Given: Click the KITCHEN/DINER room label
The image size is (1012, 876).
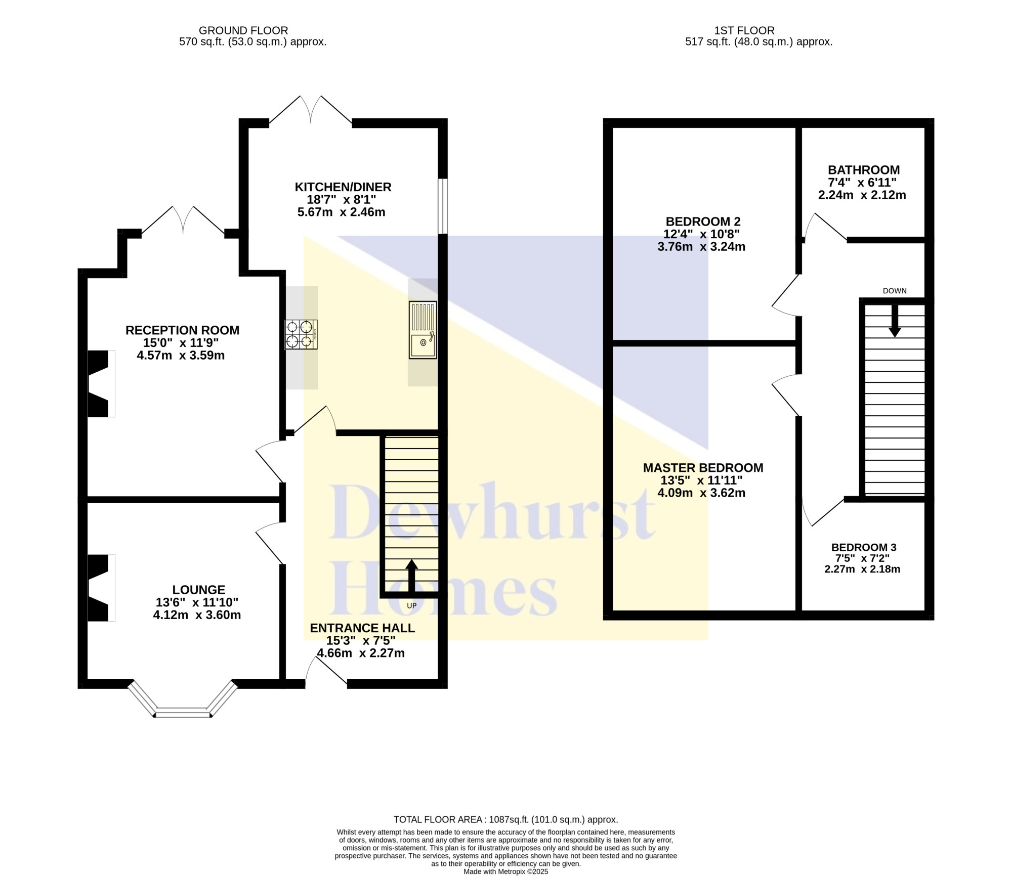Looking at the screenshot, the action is (x=343, y=187).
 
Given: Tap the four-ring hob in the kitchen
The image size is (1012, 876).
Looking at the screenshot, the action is (x=301, y=334).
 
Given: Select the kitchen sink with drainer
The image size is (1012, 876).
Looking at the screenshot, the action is (x=423, y=330).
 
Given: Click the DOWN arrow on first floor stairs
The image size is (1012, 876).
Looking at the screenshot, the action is (x=895, y=321).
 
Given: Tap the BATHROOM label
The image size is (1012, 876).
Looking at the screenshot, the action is (x=864, y=170).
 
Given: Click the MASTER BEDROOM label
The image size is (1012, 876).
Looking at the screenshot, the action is (x=703, y=468).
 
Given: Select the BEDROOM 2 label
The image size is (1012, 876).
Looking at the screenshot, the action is (x=703, y=222).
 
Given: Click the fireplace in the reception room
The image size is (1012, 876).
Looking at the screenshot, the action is (x=101, y=383).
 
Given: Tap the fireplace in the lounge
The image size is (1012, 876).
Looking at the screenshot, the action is (x=101, y=588).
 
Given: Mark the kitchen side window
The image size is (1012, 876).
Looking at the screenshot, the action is (x=443, y=206).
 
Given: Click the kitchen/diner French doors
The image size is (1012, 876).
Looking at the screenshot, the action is (x=311, y=110).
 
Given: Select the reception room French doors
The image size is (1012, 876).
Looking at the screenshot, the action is (x=183, y=221).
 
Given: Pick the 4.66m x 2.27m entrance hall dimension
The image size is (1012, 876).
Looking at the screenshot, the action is (x=361, y=653).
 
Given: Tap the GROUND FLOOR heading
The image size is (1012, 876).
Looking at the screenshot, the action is (x=243, y=30).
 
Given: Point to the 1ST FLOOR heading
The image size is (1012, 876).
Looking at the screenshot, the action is (x=744, y=30).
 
